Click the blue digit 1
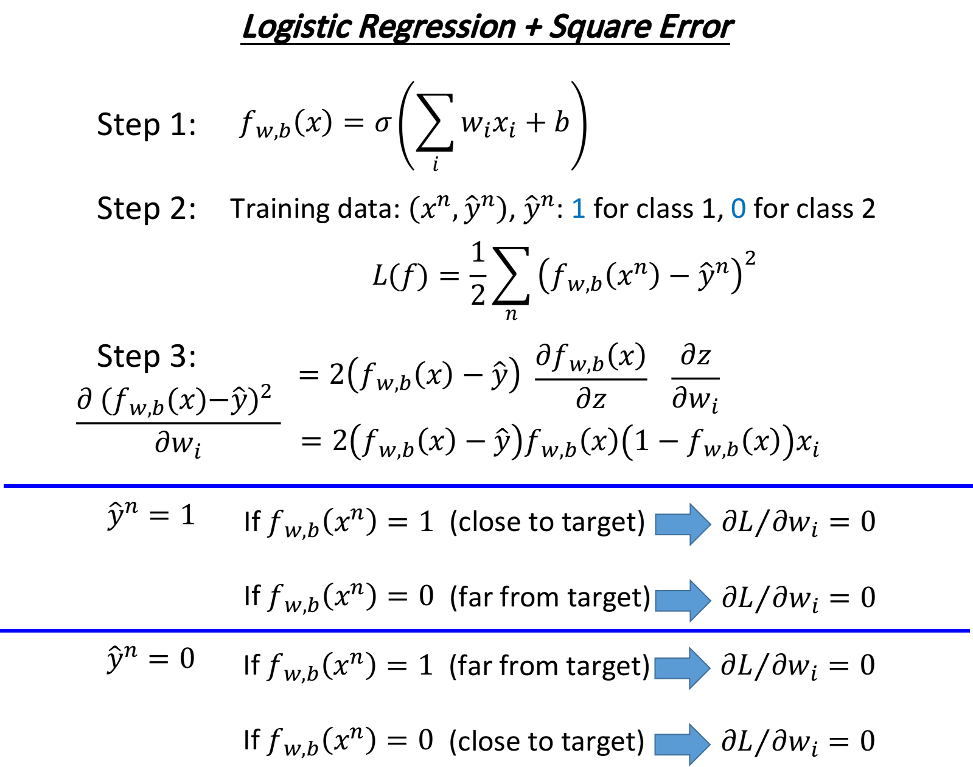(x=579, y=209)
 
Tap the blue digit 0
(x=738, y=209)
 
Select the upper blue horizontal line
(x=487, y=485)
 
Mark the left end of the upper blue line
(x=5, y=485)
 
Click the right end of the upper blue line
(x=971, y=485)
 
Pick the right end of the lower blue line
(x=968, y=630)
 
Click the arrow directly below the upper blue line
(x=682, y=524)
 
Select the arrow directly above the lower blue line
(x=682, y=600)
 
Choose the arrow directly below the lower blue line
(x=682, y=668)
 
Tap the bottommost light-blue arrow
(x=682, y=744)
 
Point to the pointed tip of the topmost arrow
(x=710, y=524)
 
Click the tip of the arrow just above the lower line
(x=710, y=600)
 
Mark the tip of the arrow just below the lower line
(x=710, y=668)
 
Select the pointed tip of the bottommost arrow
(x=710, y=744)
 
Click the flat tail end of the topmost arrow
(x=656, y=524)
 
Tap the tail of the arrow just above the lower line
(x=656, y=600)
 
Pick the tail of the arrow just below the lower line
(x=655, y=668)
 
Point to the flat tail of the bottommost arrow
(x=655, y=744)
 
